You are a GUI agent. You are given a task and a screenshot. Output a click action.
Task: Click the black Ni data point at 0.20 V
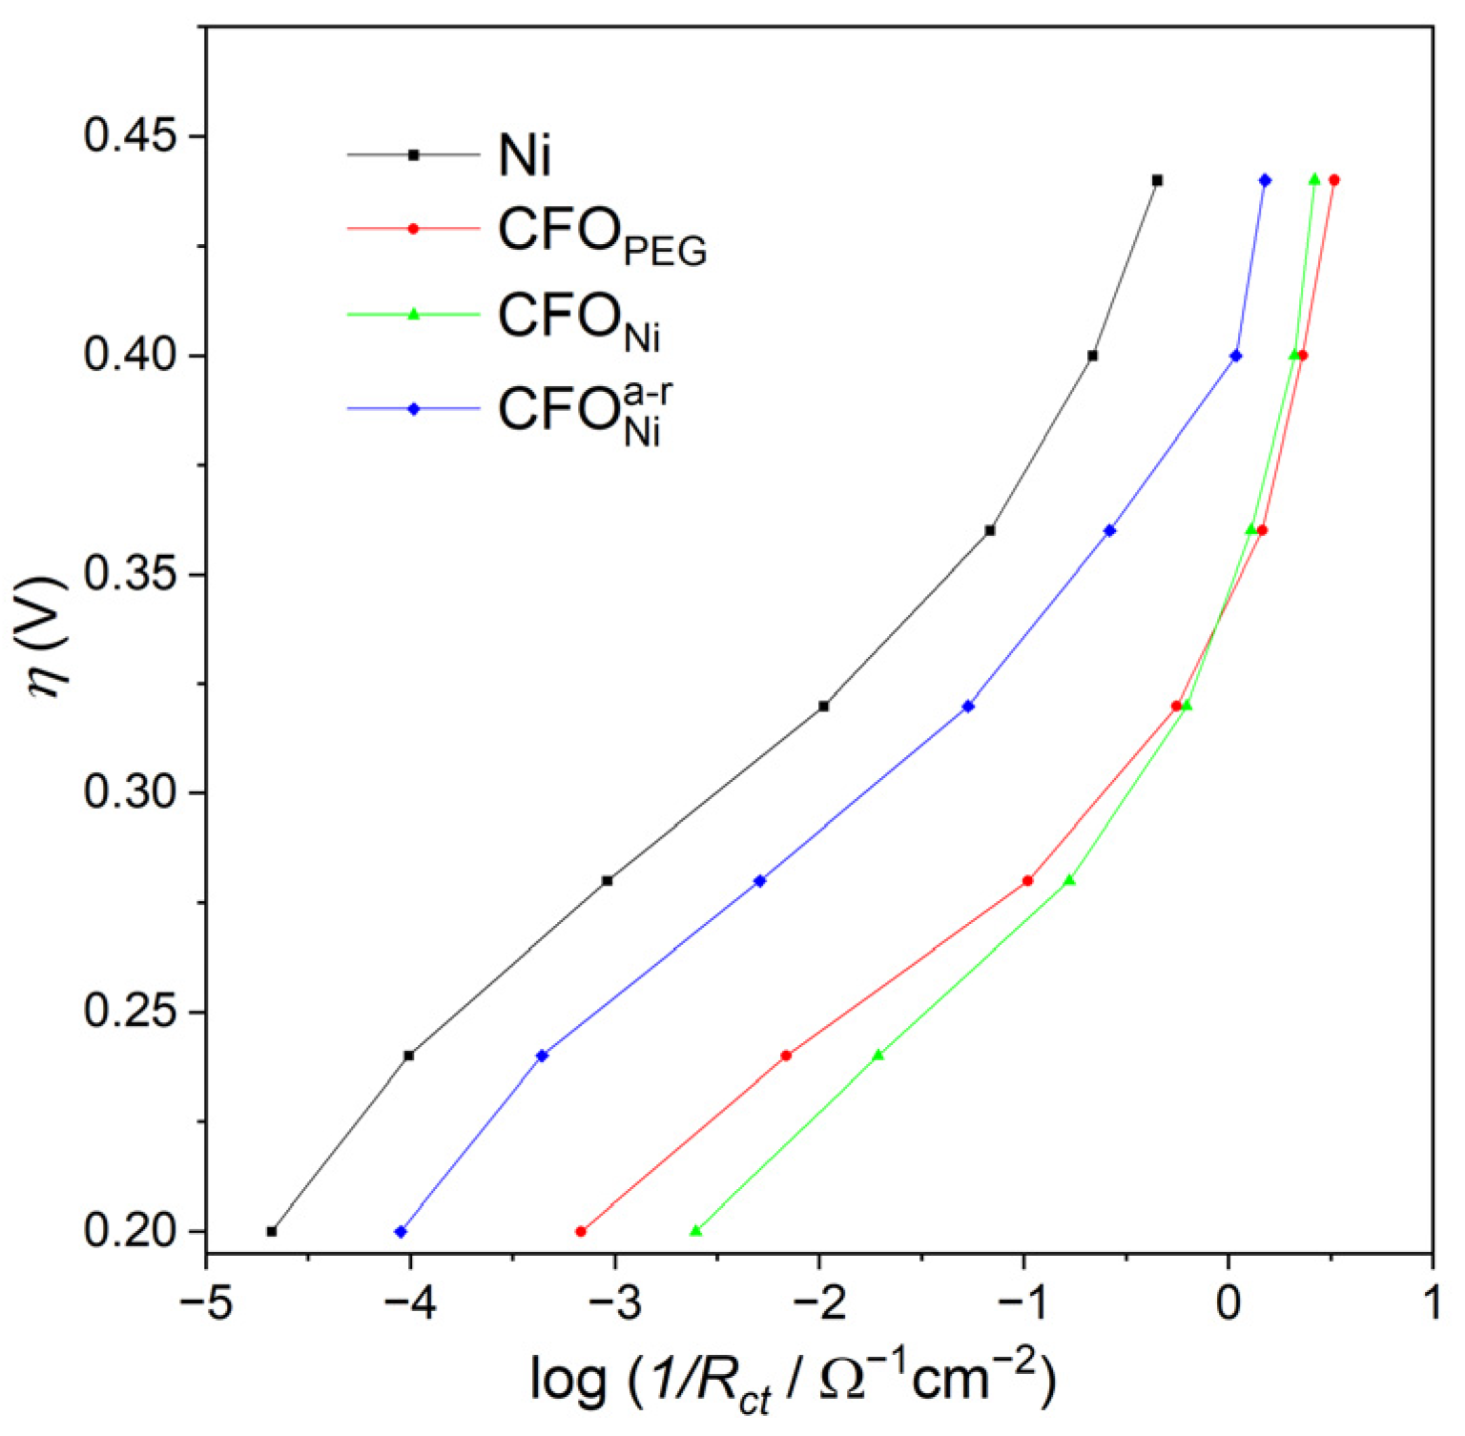272,1231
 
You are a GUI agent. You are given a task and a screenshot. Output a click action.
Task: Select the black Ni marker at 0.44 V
1157,180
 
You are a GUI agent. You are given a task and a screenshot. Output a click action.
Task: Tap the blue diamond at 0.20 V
401,1231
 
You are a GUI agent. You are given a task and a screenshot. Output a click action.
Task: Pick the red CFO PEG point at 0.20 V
581,1231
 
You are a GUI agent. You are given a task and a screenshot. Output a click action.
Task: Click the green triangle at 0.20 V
695,1231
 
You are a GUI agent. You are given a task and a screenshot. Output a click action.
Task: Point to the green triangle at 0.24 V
878,1056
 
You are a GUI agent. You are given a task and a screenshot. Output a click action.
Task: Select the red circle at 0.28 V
1027,880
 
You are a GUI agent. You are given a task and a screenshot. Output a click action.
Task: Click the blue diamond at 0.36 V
1109,530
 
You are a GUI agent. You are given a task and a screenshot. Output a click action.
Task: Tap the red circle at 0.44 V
1333,180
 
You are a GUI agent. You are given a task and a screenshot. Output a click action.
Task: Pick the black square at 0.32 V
824,706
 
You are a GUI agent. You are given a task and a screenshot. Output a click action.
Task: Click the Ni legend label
525,154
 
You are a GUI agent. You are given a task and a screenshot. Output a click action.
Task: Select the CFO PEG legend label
602,236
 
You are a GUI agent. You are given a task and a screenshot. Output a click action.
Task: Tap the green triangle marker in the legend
414,314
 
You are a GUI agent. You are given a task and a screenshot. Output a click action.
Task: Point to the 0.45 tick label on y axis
131,135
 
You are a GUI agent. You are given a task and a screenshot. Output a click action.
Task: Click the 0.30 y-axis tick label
131,792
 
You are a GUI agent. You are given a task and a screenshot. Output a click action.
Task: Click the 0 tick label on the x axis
1228,1303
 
